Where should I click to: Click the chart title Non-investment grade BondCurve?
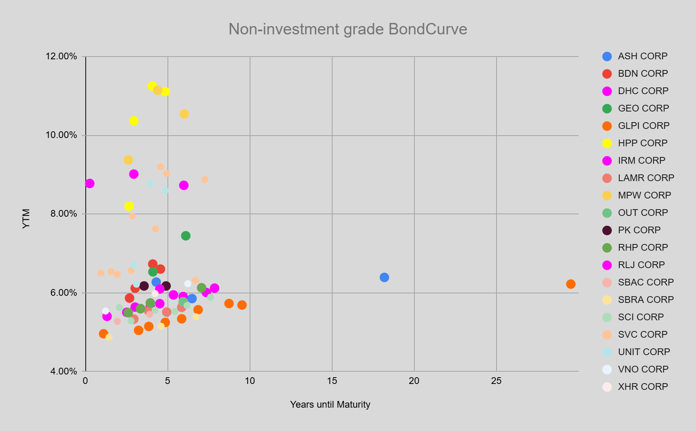pos(348,29)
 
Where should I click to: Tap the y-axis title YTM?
pos(26,219)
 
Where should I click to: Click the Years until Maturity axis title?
pos(330,405)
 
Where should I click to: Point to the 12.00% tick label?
pos(61,56)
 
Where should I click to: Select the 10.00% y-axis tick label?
pos(61,135)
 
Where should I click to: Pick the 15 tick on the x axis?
pos(332,381)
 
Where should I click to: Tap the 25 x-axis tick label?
pos(496,381)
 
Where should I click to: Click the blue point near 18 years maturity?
pos(384,277)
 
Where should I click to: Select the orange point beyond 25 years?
pos(570,284)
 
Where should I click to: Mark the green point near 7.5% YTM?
pos(186,236)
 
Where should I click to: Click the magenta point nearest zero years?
pos(90,183)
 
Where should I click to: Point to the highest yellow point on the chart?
pos(152,86)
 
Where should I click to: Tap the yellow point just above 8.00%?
pos(129,206)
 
